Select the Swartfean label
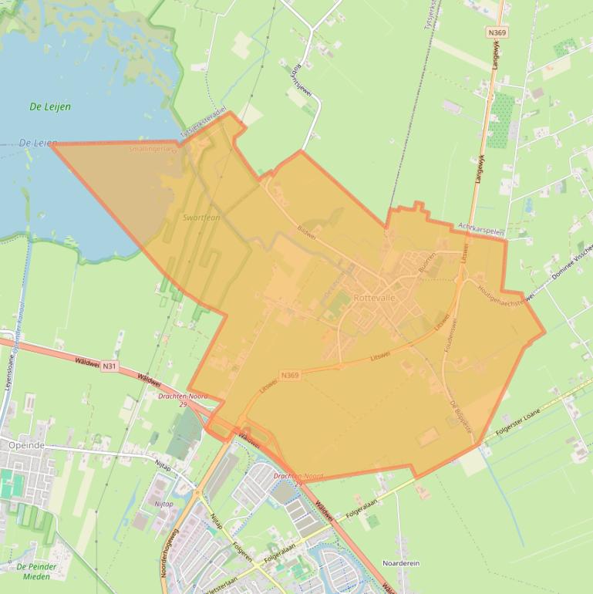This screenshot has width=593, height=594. point(201,218)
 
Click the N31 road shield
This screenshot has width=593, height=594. point(110,366)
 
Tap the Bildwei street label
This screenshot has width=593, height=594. point(307,231)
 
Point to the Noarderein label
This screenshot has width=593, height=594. point(401,564)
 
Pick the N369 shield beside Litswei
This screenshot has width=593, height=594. point(290,376)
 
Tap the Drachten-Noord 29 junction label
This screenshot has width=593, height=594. point(183,400)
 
